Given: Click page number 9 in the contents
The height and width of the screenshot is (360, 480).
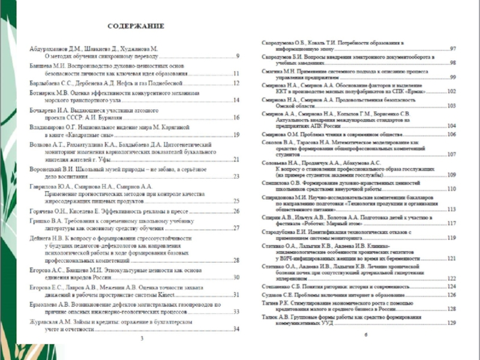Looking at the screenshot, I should pyautogui.click(x=238, y=56).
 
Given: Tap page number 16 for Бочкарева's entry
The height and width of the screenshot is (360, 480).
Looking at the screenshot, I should pyautogui.click(x=236, y=118).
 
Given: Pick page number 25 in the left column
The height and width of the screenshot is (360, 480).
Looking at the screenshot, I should pyautogui.click(x=236, y=201).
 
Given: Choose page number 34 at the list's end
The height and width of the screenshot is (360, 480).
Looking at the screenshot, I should pyautogui.click(x=236, y=329).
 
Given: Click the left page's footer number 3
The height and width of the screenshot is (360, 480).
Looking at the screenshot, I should pyautogui.click(x=142, y=339).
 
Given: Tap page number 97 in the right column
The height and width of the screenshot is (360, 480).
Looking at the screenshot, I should pyautogui.click(x=454, y=49).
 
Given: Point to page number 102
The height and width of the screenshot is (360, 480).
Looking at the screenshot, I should pyautogui.click(x=452, y=92).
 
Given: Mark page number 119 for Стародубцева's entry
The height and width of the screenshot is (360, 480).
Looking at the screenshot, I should pyautogui.click(x=452, y=238).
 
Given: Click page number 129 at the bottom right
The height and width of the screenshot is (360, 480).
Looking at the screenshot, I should pyautogui.click(x=452, y=323).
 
